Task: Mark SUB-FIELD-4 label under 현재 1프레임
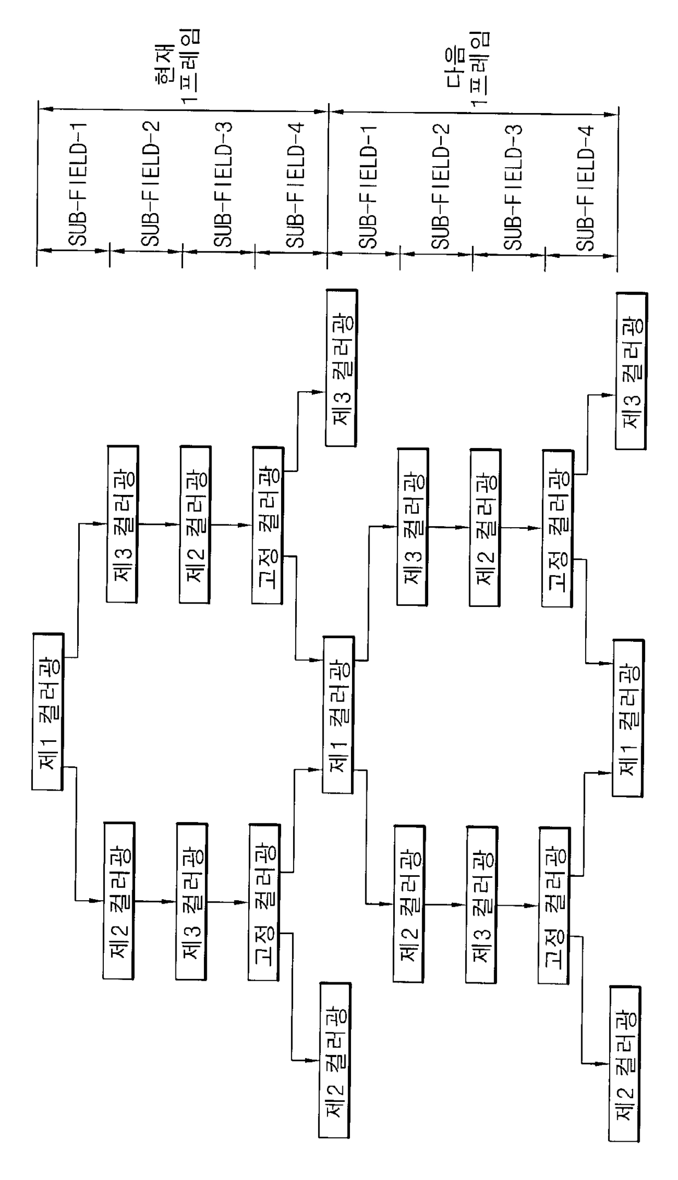295,186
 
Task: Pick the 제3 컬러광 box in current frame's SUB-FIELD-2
122,524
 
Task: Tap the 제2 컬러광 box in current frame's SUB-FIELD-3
194,525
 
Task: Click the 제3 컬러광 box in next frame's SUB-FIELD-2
413,527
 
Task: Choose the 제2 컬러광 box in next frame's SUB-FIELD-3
484,528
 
